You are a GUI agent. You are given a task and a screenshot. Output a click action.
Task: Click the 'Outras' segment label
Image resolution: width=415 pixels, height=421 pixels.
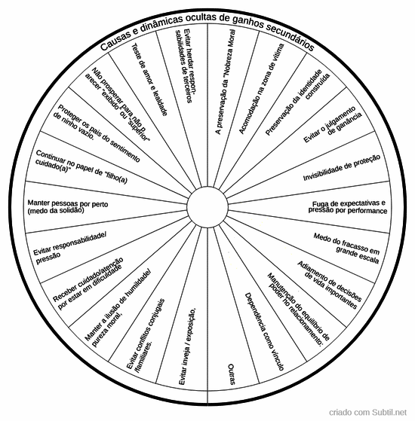pos(232,374)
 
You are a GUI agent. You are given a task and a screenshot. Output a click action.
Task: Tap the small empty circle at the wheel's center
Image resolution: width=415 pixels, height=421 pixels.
pos(207,207)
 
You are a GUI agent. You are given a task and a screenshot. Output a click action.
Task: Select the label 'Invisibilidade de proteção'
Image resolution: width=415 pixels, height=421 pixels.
pos(342,167)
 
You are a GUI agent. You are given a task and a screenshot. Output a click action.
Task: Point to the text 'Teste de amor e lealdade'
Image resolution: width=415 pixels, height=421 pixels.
pos(149,80)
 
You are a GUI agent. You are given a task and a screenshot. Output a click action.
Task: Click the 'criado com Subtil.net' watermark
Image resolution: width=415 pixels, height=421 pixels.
pos(367,413)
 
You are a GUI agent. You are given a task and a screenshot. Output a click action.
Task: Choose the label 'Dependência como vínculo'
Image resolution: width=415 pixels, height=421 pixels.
pos(264,331)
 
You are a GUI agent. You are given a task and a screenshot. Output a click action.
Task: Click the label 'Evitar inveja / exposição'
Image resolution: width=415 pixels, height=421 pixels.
pos(188,347)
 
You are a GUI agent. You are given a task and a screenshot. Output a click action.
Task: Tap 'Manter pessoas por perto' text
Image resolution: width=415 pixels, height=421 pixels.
pos(68,203)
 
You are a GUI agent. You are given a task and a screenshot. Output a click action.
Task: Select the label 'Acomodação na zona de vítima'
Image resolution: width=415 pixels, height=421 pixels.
pos(261,89)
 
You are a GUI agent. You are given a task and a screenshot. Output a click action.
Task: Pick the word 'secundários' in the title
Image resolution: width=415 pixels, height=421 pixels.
pos(290,36)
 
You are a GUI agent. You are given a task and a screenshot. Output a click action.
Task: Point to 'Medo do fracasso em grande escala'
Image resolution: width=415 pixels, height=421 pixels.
pos(346,249)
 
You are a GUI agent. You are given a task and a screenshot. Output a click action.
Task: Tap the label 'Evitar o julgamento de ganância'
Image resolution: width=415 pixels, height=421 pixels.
pos(333,124)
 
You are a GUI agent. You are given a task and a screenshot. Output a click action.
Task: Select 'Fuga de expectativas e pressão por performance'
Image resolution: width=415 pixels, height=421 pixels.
pos(348,207)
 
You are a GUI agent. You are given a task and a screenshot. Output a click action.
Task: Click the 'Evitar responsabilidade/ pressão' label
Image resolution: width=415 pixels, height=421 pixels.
pos(70,248)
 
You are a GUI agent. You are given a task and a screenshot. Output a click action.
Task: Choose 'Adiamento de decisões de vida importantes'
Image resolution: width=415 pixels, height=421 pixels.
pos(330,285)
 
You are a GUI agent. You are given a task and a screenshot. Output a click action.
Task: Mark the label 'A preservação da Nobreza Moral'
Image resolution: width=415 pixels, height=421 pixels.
pos(226,81)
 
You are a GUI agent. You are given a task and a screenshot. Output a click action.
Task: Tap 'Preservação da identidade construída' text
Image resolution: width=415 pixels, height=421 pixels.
pos(297,102)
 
